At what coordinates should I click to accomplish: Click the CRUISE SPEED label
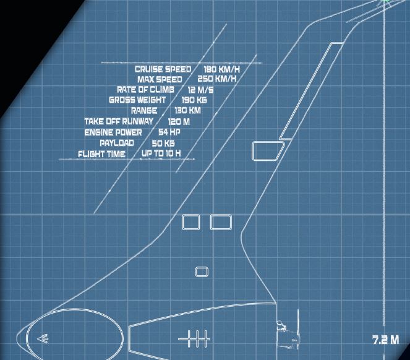163,69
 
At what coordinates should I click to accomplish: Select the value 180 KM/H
221,69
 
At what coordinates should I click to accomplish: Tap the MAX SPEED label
160,79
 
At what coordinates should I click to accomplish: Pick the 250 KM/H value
217,79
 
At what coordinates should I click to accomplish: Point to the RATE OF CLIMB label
145,90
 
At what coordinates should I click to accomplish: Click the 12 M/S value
200,90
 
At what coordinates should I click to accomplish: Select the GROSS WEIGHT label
137,100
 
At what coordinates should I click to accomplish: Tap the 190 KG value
194,100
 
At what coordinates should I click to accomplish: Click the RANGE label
144,110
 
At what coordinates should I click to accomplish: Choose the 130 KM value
187,110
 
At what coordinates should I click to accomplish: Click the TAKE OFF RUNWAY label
119,121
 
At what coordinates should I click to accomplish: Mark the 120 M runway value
179,122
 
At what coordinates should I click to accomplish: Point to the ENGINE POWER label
113,132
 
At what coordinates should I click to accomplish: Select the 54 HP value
169,132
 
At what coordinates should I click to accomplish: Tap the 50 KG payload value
163,143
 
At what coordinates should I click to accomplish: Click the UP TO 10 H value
161,153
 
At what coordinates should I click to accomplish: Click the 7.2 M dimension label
386,340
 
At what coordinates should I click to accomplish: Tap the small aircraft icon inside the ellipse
43,338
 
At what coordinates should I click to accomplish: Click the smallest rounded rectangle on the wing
202,272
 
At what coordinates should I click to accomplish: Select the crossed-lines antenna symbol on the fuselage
194,339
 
